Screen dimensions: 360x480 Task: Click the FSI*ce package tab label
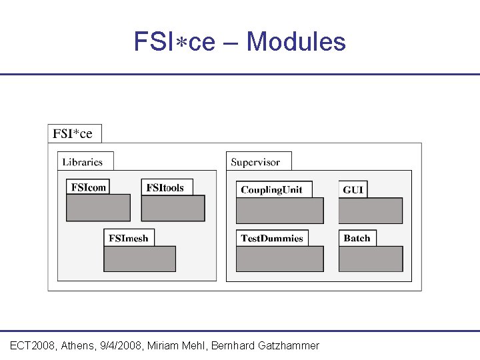(73, 133)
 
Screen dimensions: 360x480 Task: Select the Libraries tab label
(83, 161)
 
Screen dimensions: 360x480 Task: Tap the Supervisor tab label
(255, 161)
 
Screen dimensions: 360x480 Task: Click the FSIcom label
(88, 187)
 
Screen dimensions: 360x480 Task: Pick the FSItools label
(165, 187)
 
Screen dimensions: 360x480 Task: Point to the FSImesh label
(129, 237)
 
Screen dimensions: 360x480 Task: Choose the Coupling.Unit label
(271, 189)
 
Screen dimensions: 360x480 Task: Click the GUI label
(353, 189)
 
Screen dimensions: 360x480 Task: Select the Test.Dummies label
(271, 238)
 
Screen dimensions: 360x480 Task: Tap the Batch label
(357, 238)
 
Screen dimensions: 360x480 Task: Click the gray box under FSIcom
(98, 208)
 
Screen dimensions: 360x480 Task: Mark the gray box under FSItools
(173, 208)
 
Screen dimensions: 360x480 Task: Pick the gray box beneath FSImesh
(139, 259)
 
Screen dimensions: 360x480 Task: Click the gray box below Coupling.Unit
(279, 211)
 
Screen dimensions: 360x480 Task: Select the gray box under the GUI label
(371, 211)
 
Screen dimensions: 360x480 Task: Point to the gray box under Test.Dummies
(279, 259)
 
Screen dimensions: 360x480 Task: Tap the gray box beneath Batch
(371, 259)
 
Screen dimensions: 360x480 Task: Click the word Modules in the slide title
(296, 42)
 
